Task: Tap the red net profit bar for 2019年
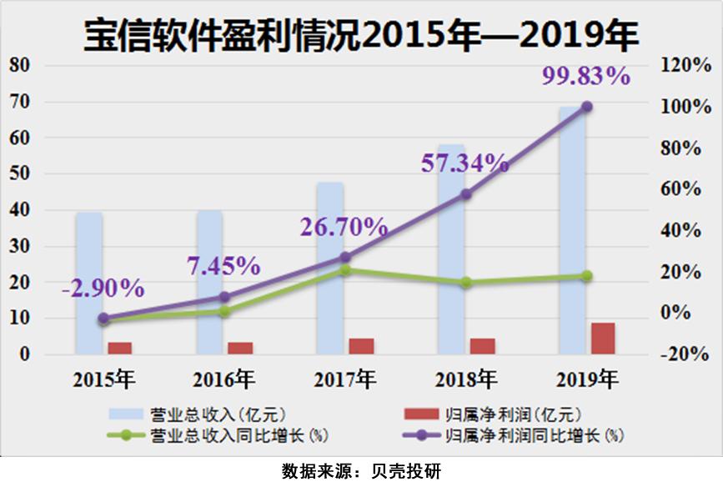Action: pyautogui.click(x=603, y=338)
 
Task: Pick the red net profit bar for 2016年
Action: pyautogui.click(x=240, y=348)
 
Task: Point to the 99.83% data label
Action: pyautogui.click(x=585, y=77)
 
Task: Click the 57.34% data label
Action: pyautogui.click(x=464, y=163)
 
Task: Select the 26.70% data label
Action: pyautogui.click(x=344, y=226)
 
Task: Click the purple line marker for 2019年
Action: pyautogui.click(x=586, y=107)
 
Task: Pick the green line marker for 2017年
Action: pyautogui.click(x=344, y=270)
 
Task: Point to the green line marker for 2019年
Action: pyautogui.click(x=586, y=276)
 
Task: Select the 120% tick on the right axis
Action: pyautogui.click(x=685, y=66)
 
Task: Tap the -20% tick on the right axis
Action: pyautogui.click(x=685, y=354)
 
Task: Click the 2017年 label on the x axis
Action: pyautogui.click(x=344, y=379)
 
